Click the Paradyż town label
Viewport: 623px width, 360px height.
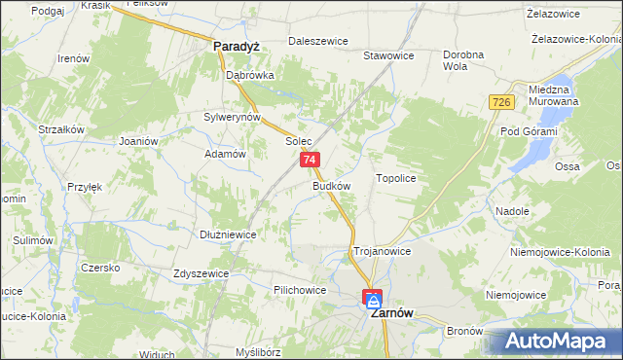tap(235, 45)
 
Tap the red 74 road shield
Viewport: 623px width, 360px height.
tap(310, 160)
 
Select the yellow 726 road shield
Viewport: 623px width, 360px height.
tap(501, 103)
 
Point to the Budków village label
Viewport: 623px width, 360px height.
tap(332, 185)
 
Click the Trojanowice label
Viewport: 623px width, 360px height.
tap(382, 251)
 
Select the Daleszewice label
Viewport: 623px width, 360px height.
tap(318, 42)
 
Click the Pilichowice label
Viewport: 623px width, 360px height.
tap(300, 290)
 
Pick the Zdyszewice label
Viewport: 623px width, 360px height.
tap(201, 273)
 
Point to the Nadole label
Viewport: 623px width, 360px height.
tap(512, 211)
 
